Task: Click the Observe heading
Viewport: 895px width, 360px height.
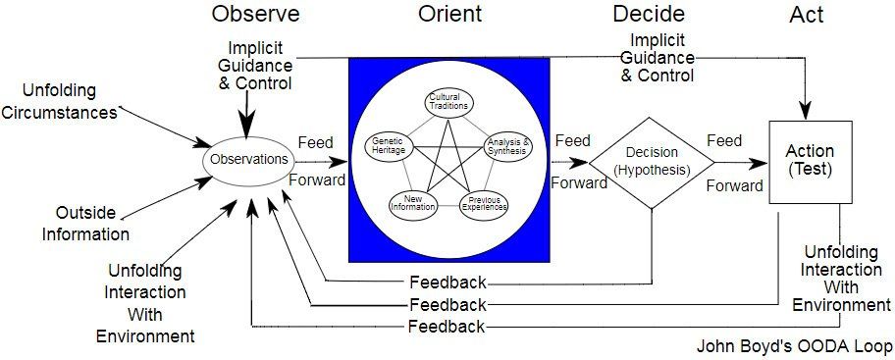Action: pos(256,13)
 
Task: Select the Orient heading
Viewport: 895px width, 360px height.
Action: pos(449,13)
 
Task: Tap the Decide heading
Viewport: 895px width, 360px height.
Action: pos(649,14)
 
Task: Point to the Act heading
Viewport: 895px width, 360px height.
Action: pos(807,15)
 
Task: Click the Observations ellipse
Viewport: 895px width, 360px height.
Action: pos(249,160)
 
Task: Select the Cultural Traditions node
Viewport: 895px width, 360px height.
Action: pos(449,102)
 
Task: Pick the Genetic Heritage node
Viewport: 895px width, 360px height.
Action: pos(389,146)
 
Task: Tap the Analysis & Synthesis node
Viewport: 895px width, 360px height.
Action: pos(508,146)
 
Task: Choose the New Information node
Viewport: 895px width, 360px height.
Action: pos(413,204)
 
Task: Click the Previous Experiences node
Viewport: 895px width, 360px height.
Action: pos(484,204)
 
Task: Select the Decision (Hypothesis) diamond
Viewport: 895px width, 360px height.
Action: pos(652,163)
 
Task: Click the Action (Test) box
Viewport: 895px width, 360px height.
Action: pos(810,162)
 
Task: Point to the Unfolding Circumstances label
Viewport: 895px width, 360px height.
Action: pos(59,101)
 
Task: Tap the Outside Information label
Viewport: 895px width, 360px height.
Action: pos(85,223)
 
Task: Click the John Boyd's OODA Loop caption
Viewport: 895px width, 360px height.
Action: pos(794,346)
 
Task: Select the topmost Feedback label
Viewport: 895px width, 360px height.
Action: pos(448,282)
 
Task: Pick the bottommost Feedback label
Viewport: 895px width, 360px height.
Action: pos(447,327)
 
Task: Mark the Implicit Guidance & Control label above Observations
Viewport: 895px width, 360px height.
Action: pos(255,66)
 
